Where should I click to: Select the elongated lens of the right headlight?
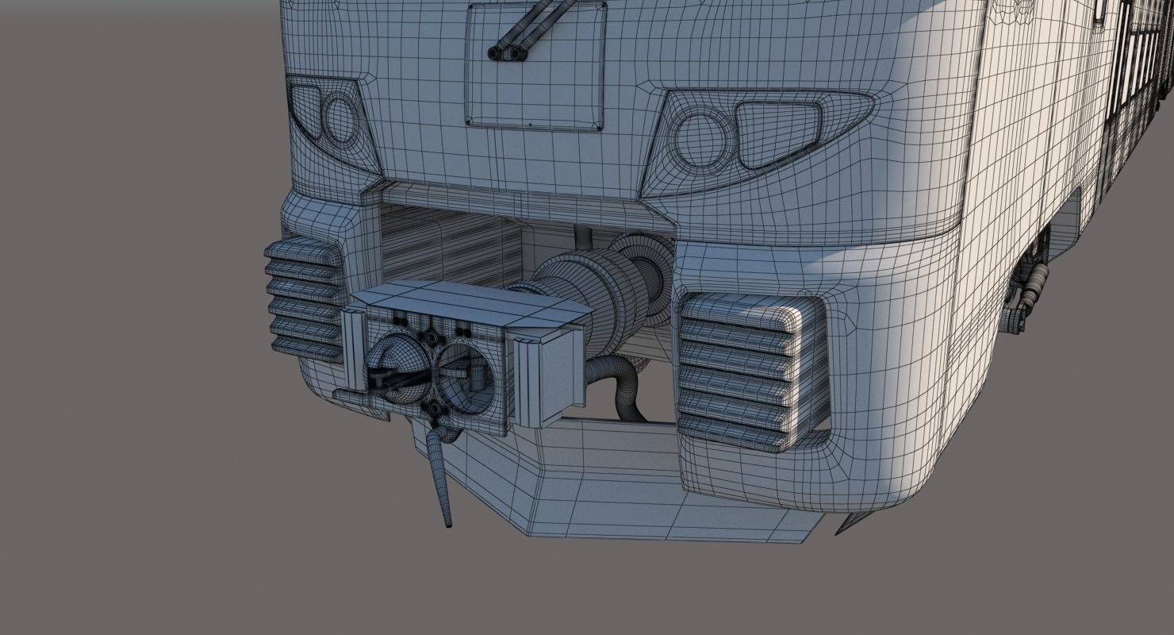point(777,133)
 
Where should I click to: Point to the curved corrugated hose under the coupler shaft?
point(619,381)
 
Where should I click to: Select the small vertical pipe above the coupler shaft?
point(583,236)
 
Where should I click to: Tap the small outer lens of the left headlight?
point(305,107)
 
